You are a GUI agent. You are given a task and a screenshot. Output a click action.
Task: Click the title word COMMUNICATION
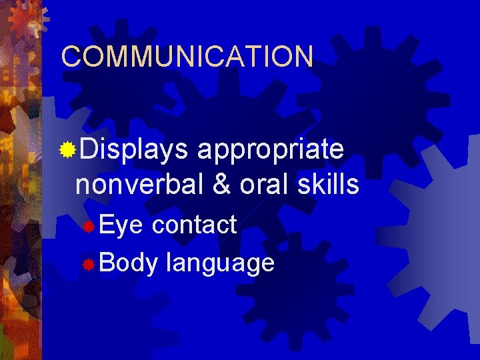coord(187,57)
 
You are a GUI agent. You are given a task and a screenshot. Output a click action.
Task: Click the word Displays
coord(133,149)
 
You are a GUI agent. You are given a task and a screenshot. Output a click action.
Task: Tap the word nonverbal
coord(141,185)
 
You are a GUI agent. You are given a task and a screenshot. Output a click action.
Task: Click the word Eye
coord(121,225)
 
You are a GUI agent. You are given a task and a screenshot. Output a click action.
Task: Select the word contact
coord(194,225)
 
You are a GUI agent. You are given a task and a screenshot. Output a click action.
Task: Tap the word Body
coord(128,263)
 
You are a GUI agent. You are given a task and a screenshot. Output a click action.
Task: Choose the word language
coord(220,264)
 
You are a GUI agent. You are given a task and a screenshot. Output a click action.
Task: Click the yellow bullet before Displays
coord(67,150)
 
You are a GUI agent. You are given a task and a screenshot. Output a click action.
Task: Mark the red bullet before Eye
coord(87,227)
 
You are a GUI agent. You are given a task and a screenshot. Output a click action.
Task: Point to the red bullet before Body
coord(87,265)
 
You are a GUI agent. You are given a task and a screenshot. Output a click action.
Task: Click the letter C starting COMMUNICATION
coord(70,57)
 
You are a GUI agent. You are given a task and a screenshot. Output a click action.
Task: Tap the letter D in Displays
coord(85,149)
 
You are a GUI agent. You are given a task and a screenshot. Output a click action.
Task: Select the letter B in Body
coord(107,263)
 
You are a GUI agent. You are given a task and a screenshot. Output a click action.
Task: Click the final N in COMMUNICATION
coord(303,57)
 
